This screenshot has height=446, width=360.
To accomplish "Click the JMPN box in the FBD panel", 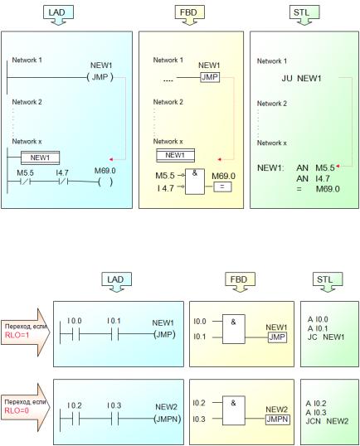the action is [x=278, y=419].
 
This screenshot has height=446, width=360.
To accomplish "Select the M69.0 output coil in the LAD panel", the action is [x=105, y=182].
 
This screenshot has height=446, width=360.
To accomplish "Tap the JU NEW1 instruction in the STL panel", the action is [x=301, y=78].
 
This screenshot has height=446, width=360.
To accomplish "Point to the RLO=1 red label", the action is [x=17, y=335].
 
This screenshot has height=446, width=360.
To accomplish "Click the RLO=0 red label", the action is [x=17, y=410].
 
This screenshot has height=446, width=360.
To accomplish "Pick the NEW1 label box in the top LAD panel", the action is [x=40, y=158].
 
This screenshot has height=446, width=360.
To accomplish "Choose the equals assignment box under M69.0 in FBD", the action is [x=222, y=187].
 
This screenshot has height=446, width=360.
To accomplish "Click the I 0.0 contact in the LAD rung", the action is [x=75, y=334].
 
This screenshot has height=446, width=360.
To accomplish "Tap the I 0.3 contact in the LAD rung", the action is [x=115, y=419].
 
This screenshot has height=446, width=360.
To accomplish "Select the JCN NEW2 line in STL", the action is [x=327, y=421].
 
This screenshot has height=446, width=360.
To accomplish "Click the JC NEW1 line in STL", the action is [x=326, y=337].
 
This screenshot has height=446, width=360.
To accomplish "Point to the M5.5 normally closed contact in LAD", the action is [x=26, y=182].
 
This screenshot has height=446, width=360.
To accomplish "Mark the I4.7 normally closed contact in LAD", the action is [x=63, y=182].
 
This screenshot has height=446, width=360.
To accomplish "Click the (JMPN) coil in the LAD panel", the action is [x=167, y=419].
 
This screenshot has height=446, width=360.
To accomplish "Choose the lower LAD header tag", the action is [x=116, y=282].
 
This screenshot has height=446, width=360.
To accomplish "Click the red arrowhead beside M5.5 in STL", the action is [x=338, y=166].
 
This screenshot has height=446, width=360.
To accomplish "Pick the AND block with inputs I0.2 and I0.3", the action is [x=233, y=410].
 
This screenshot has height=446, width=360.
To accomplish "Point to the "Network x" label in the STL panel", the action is [x=272, y=143].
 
